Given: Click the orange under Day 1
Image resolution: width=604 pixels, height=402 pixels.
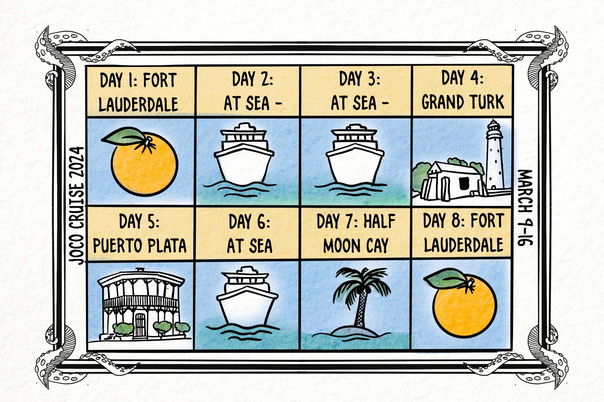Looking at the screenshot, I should (x=144, y=164).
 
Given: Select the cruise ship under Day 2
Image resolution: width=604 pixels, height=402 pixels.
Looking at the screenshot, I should (x=244, y=157).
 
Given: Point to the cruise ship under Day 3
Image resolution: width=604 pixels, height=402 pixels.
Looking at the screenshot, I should (x=355, y=157).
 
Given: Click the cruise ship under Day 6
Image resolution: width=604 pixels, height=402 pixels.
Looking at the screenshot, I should (x=247, y=298).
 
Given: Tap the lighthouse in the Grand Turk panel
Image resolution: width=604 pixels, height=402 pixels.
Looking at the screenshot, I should (x=495, y=156).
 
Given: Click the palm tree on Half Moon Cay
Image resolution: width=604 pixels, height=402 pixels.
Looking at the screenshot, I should (x=361, y=295).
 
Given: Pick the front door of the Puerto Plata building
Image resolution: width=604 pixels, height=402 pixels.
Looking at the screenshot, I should (x=140, y=325).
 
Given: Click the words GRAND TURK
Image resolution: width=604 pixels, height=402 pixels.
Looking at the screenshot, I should (x=463, y=102).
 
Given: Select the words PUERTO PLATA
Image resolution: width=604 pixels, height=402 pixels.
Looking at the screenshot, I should (x=140, y=246).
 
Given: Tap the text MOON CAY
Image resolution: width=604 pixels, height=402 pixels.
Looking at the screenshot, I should (x=356, y=246).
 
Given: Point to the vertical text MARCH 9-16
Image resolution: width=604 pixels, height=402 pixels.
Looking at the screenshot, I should (x=525, y=208).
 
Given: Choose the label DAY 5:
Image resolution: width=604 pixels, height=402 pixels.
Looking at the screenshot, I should (x=139, y=221).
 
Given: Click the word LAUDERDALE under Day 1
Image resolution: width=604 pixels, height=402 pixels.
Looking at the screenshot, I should (x=138, y=104).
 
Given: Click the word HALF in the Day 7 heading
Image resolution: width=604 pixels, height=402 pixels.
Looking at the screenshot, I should (x=380, y=221).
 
